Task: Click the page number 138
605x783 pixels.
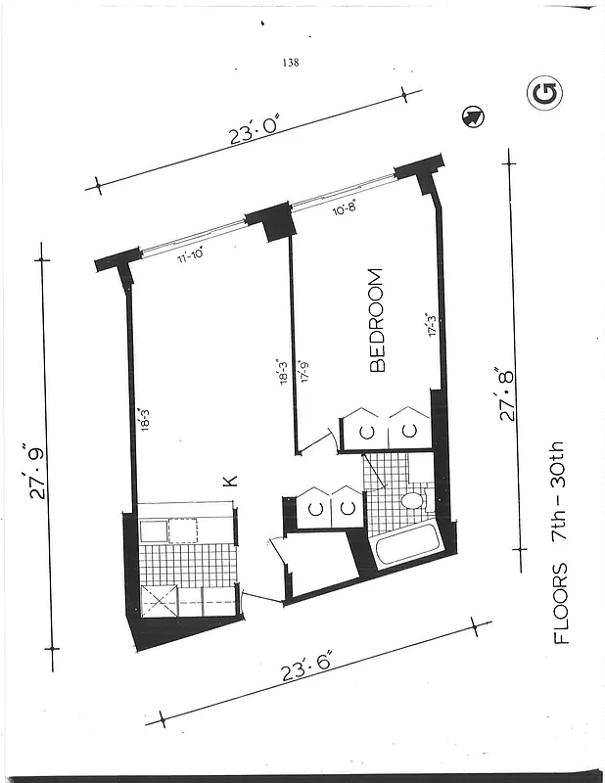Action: click(289, 63)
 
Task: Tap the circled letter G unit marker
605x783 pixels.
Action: click(544, 94)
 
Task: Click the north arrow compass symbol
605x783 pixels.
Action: click(472, 117)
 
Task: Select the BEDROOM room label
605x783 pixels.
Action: click(378, 320)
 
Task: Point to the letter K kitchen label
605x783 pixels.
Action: click(231, 481)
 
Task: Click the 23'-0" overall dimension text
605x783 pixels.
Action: click(255, 130)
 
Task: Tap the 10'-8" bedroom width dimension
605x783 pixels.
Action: click(345, 207)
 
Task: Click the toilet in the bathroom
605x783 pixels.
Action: click(413, 501)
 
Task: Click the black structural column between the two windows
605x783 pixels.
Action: click(269, 221)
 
